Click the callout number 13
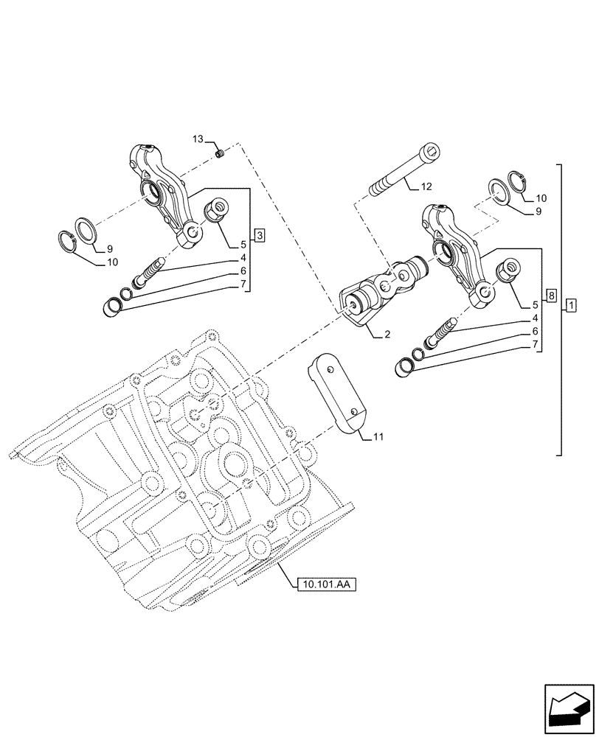pos(198,139)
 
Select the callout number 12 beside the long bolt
pos(427,187)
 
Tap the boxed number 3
pos(259,235)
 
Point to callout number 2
pos(387,335)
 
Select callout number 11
pos(377,437)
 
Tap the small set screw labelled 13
pos(220,153)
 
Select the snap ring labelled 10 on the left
pos(69,240)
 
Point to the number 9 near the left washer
pos(108,248)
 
